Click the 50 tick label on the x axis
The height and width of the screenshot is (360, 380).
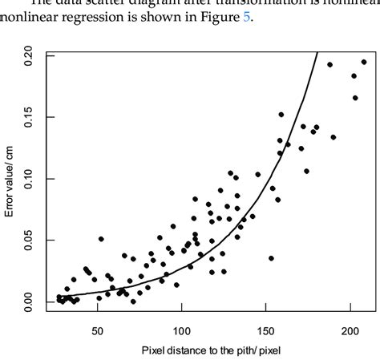point(98,330)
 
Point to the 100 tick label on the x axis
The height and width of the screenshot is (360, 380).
point(182,330)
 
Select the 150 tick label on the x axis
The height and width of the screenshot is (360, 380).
point(266,330)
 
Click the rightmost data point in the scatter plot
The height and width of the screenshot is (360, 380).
point(364,62)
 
